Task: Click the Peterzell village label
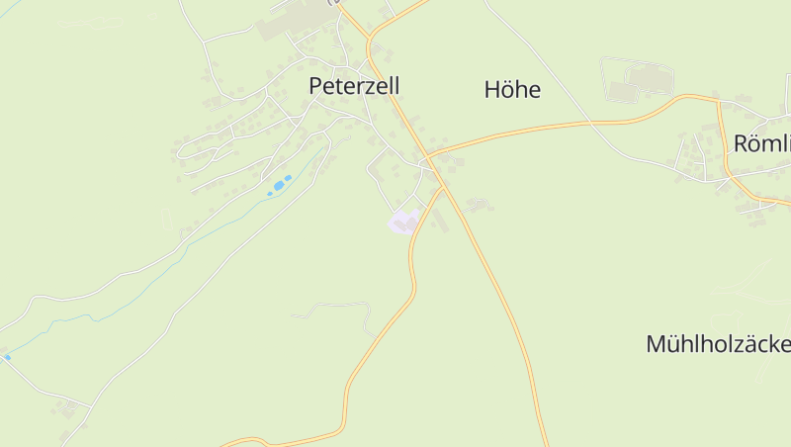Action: pyautogui.click(x=354, y=86)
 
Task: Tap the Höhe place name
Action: pyautogui.click(x=512, y=90)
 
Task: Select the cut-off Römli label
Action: pyautogui.click(x=761, y=143)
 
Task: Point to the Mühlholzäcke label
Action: pyautogui.click(x=718, y=344)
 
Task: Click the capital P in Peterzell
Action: pyautogui.click(x=316, y=86)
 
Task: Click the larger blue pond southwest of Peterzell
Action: pyautogui.click(x=285, y=182)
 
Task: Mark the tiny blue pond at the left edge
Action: pyautogui.click(x=7, y=357)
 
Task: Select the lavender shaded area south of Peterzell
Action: pyautogui.click(x=403, y=222)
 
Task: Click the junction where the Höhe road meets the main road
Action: pyautogui.click(x=427, y=157)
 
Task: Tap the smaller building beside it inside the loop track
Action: pyautogui.click(x=622, y=92)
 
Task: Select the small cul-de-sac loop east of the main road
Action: pyautogui.click(x=480, y=205)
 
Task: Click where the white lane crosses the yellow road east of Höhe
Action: pyautogui.click(x=590, y=122)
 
